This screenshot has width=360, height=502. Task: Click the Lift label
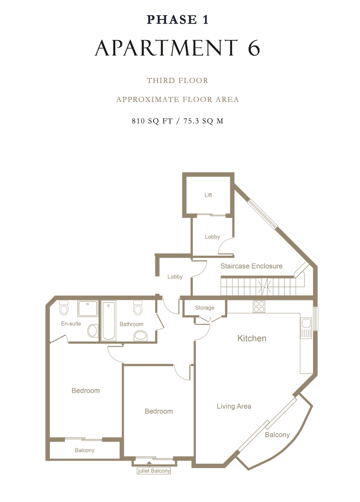click(208, 195)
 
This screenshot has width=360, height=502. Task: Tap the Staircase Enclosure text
click(251, 266)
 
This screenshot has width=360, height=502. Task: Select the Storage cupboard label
click(204, 308)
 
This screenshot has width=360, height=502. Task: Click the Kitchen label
click(252, 339)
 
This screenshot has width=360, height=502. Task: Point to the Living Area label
click(234, 406)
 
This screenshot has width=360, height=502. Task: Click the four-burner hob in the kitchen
click(259, 307)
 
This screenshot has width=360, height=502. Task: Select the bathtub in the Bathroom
click(109, 321)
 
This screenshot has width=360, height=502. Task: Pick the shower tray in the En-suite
click(88, 308)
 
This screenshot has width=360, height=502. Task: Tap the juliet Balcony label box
click(154, 471)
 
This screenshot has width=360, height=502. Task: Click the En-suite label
click(71, 324)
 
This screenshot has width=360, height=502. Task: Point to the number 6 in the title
click(254, 48)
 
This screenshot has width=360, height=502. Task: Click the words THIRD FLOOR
click(178, 81)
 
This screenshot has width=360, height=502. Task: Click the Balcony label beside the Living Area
click(277, 435)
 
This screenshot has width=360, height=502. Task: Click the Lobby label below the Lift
click(212, 237)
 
